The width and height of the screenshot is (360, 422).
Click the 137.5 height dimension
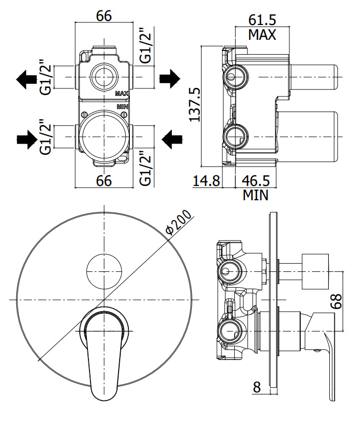[x=195, y=104]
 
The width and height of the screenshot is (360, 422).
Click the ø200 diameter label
[x=178, y=222]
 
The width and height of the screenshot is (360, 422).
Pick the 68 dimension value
[x=336, y=301]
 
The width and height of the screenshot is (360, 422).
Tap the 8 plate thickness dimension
[x=257, y=387]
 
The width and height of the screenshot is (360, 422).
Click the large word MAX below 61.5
[x=262, y=35]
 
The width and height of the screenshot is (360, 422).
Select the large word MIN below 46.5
[x=256, y=195]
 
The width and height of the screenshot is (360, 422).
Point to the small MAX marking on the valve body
[x=122, y=93]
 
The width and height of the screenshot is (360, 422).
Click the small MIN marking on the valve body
[x=123, y=107]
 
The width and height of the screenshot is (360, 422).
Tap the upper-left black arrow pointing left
[x=27, y=79]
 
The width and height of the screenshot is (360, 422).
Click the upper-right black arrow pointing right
[x=169, y=78]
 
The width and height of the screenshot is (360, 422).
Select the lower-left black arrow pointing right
[x=27, y=139]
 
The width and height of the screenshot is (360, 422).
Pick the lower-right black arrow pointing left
[x=172, y=139]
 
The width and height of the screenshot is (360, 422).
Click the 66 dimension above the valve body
[x=104, y=16]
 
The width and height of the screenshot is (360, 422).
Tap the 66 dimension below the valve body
[x=104, y=180]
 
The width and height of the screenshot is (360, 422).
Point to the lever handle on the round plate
[x=104, y=353]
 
